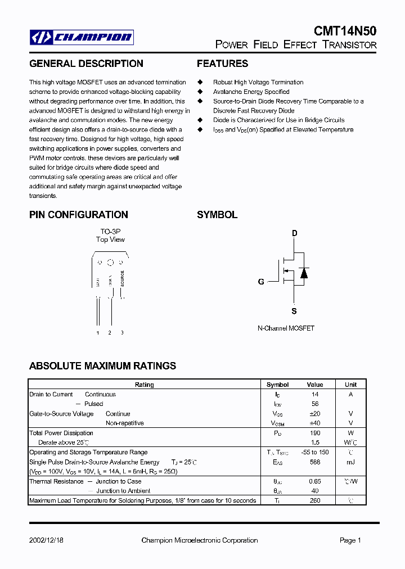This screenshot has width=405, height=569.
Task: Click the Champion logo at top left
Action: point(82,38)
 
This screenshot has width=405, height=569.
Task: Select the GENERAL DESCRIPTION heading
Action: point(86,64)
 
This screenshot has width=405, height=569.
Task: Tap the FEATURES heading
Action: point(222,64)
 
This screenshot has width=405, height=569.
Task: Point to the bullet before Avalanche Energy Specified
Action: point(199,92)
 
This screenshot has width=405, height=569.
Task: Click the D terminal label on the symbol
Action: point(294,233)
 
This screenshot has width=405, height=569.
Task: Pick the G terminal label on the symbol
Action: point(261,282)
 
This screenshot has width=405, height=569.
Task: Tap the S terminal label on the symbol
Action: point(294,311)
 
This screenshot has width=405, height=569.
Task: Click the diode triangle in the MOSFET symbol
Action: point(304,273)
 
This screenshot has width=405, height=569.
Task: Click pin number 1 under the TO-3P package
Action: point(98,333)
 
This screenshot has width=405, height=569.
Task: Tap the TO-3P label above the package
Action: point(110,231)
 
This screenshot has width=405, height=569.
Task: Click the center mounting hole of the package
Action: point(110,263)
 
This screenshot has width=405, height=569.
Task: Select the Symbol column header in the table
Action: point(277,385)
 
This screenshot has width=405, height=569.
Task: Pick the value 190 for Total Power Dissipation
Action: point(315,433)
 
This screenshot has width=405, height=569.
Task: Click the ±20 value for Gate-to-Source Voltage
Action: point(315,414)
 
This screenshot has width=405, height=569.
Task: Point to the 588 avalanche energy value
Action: point(315,462)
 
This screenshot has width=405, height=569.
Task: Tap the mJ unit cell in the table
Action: point(350,462)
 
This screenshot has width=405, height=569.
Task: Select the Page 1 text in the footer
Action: point(350,540)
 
